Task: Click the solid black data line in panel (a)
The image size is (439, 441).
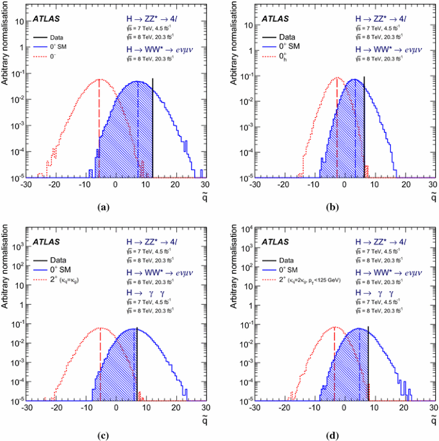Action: [x=153, y=128]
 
